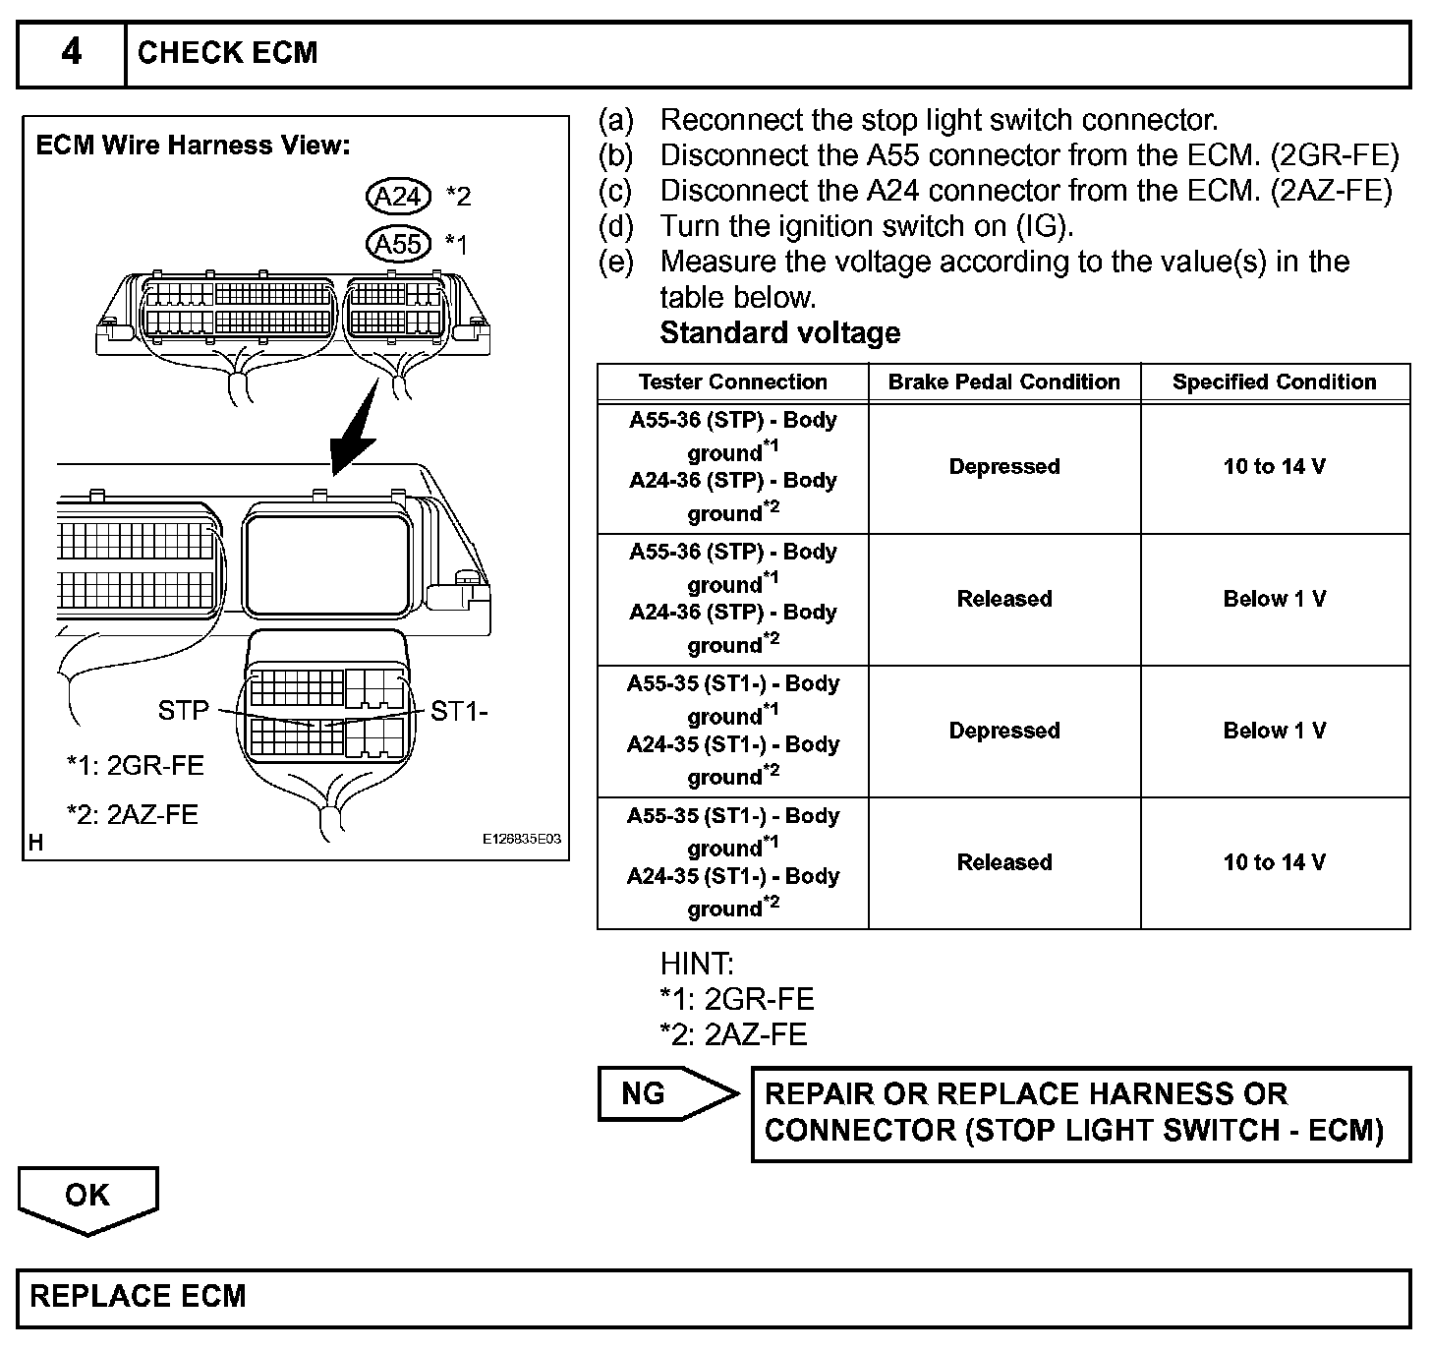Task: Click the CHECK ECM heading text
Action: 227,52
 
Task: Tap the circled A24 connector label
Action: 398,197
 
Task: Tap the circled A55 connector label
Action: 398,244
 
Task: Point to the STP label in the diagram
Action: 184,710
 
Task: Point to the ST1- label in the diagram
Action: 459,711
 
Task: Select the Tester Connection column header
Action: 732,382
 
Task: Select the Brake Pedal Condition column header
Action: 1003,382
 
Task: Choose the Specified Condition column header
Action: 1274,382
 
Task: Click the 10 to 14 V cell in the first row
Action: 1274,466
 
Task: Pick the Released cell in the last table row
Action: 1003,862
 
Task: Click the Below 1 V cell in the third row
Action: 1274,731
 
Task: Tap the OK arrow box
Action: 87,1197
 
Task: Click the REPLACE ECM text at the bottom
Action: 138,1296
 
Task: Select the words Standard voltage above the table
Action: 779,332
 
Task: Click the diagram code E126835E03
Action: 521,840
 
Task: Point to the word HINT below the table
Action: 697,964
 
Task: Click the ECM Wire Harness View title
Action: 193,146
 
